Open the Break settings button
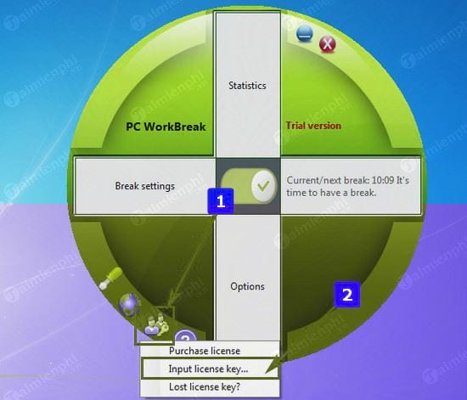[144, 186]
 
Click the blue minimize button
[304, 33]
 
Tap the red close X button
[327, 45]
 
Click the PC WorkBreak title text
[166, 127]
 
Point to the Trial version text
[313, 126]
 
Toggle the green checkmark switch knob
[263, 186]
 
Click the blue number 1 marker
[221, 201]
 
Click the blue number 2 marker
[347, 295]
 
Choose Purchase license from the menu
[205, 351]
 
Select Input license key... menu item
[209, 369]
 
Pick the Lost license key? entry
[205, 387]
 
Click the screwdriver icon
[110, 278]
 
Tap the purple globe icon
[129, 304]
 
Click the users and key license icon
[156, 325]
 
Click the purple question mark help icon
[185, 336]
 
